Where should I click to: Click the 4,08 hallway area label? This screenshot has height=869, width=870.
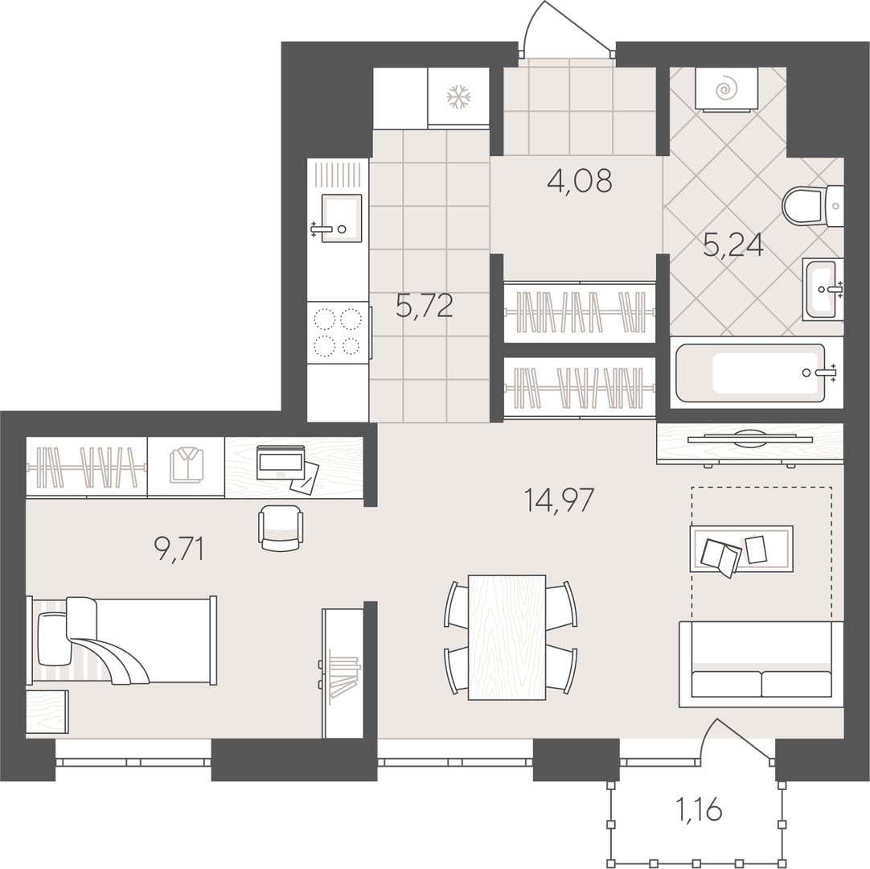579,180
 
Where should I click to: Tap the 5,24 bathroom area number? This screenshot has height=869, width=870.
733,245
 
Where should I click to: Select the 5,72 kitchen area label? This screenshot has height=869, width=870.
425,306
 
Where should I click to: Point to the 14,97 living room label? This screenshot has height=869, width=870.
559,500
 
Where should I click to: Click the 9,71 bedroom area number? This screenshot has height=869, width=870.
179,550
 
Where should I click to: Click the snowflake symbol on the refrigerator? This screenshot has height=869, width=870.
459,97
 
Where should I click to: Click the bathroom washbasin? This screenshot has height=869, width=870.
822,290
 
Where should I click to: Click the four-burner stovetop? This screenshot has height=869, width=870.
339,332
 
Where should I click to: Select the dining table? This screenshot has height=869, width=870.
507,637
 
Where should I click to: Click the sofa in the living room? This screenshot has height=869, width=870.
761,664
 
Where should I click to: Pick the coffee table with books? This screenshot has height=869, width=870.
741,549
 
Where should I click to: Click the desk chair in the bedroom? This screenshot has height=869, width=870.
281,528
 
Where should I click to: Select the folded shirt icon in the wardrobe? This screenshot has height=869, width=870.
187,466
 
